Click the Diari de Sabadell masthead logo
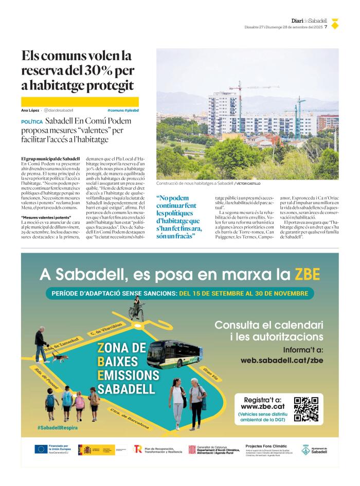pos(309,21)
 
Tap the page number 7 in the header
pos(326,27)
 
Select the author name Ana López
pos(30,110)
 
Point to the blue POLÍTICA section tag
pos(32,122)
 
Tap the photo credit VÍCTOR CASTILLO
pos(248,183)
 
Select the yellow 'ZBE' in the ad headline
pos(307,273)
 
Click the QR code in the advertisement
pos(305,409)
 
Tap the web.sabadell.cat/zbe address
pos(282,360)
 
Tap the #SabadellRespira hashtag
pos(54,428)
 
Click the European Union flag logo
pos(40,449)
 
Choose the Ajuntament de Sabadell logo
pos(314,449)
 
